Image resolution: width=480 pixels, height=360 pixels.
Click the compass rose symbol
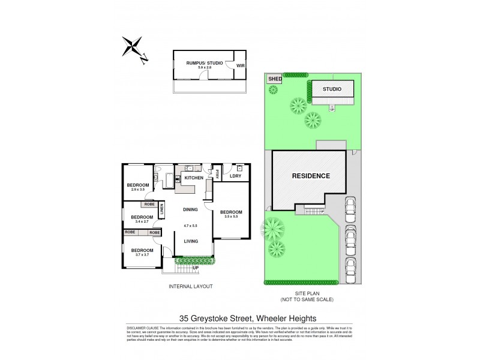[133, 48]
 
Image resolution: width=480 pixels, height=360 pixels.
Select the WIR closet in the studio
[239, 65]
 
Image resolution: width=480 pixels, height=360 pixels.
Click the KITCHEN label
[193, 178]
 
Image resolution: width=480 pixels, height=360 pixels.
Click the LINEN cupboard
[161, 211]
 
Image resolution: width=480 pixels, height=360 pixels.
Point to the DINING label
[191, 210]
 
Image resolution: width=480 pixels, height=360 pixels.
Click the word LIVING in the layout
[191, 241]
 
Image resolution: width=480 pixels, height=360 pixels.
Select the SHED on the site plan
[275, 79]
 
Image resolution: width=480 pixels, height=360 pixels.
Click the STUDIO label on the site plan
[332, 89]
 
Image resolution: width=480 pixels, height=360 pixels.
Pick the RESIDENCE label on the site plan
[311, 176]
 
